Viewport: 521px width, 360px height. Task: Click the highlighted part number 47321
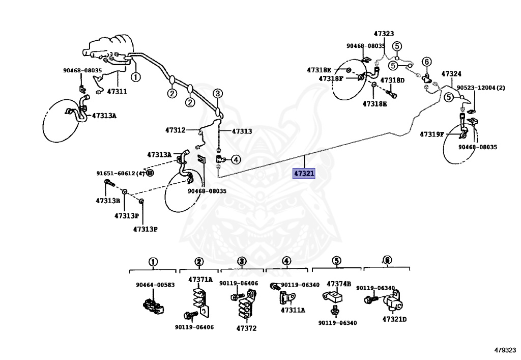(304, 173)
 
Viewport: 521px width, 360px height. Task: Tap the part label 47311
(117, 92)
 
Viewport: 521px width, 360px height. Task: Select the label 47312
(176, 130)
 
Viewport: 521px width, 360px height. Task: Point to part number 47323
(384, 34)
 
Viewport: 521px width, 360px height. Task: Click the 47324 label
(451, 74)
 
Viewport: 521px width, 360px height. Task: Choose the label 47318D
(392, 80)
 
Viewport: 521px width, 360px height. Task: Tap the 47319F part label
(432, 134)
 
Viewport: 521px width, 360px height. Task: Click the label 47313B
(108, 201)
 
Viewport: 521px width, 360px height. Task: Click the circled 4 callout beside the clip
(236, 160)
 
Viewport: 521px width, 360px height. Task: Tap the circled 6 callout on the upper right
(427, 62)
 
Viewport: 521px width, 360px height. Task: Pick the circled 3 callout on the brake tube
(218, 93)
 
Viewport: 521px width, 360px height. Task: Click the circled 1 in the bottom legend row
(153, 262)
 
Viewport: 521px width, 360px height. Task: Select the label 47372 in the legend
(247, 328)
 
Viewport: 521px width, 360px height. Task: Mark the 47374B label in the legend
(338, 284)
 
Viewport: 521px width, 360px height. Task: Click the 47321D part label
(394, 319)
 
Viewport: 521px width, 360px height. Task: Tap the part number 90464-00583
(155, 285)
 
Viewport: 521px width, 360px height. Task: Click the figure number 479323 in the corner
(505, 350)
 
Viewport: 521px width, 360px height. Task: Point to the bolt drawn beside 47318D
(391, 93)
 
